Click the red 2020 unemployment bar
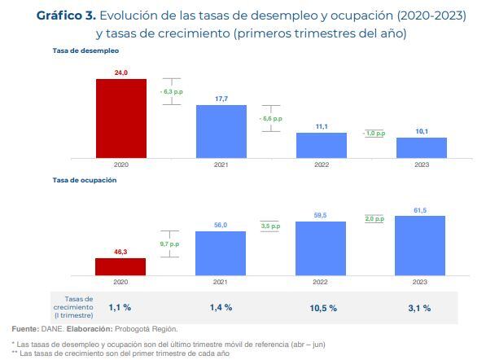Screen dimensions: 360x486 (x=120, y=117)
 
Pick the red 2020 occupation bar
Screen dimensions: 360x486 (x=120, y=266)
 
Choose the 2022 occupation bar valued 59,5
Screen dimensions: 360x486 (x=321, y=248)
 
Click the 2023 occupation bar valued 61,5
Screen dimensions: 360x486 (x=421, y=245)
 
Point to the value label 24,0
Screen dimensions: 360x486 (x=120, y=73)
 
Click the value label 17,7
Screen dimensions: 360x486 (x=221, y=99)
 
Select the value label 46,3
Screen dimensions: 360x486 (x=120, y=252)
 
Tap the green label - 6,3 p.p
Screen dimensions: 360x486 (x=171, y=93)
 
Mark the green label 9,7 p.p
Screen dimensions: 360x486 (x=169, y=244)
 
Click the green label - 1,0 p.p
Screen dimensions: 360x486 (x=374, y=133)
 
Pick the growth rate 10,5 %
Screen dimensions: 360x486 (x=321, y=308)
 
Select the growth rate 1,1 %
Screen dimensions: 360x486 (x=120, y=308)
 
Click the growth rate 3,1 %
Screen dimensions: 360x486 (x=421, y=308)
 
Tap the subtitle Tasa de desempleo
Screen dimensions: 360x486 (x=85, y=50)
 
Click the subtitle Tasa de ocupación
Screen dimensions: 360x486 (x=85, y=180)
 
